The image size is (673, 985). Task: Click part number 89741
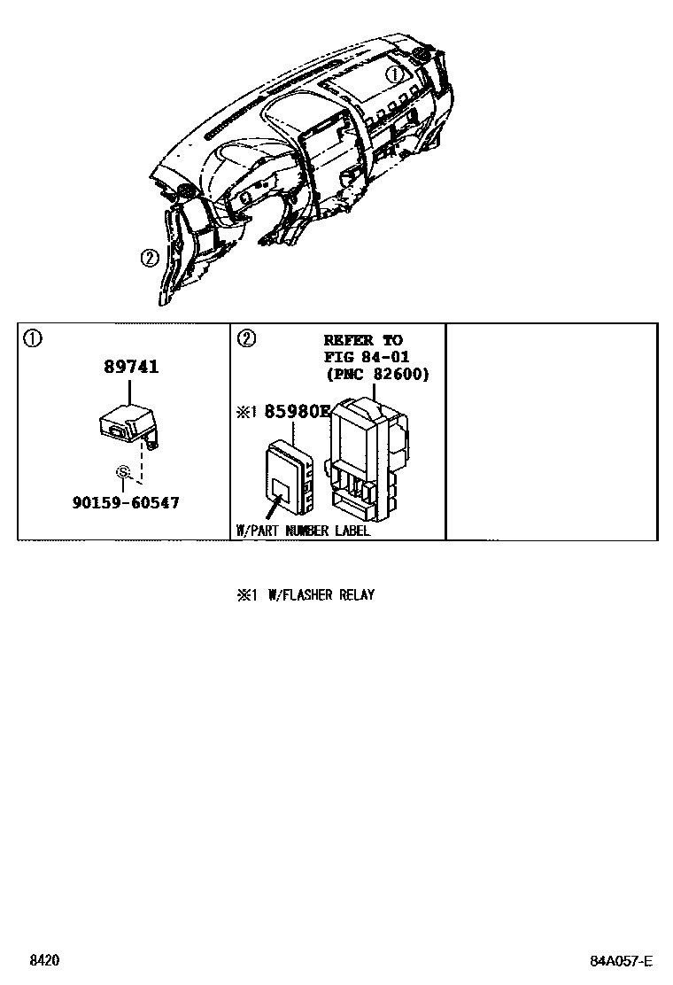(131, 367)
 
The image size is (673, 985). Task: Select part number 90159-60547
(126, 502)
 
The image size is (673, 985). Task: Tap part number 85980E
(294, 411)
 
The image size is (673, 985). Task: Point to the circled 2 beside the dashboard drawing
(149, 258)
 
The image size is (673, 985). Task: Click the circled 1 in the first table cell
(33, 338)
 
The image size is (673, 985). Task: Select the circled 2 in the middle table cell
(246, 338)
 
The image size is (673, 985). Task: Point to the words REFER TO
(363, 340)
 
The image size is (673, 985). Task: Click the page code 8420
(44, 961)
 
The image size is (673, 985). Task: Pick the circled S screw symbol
(124, 471)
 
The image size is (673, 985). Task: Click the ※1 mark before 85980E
(245, 411)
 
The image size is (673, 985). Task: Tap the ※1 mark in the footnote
(245, 595)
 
